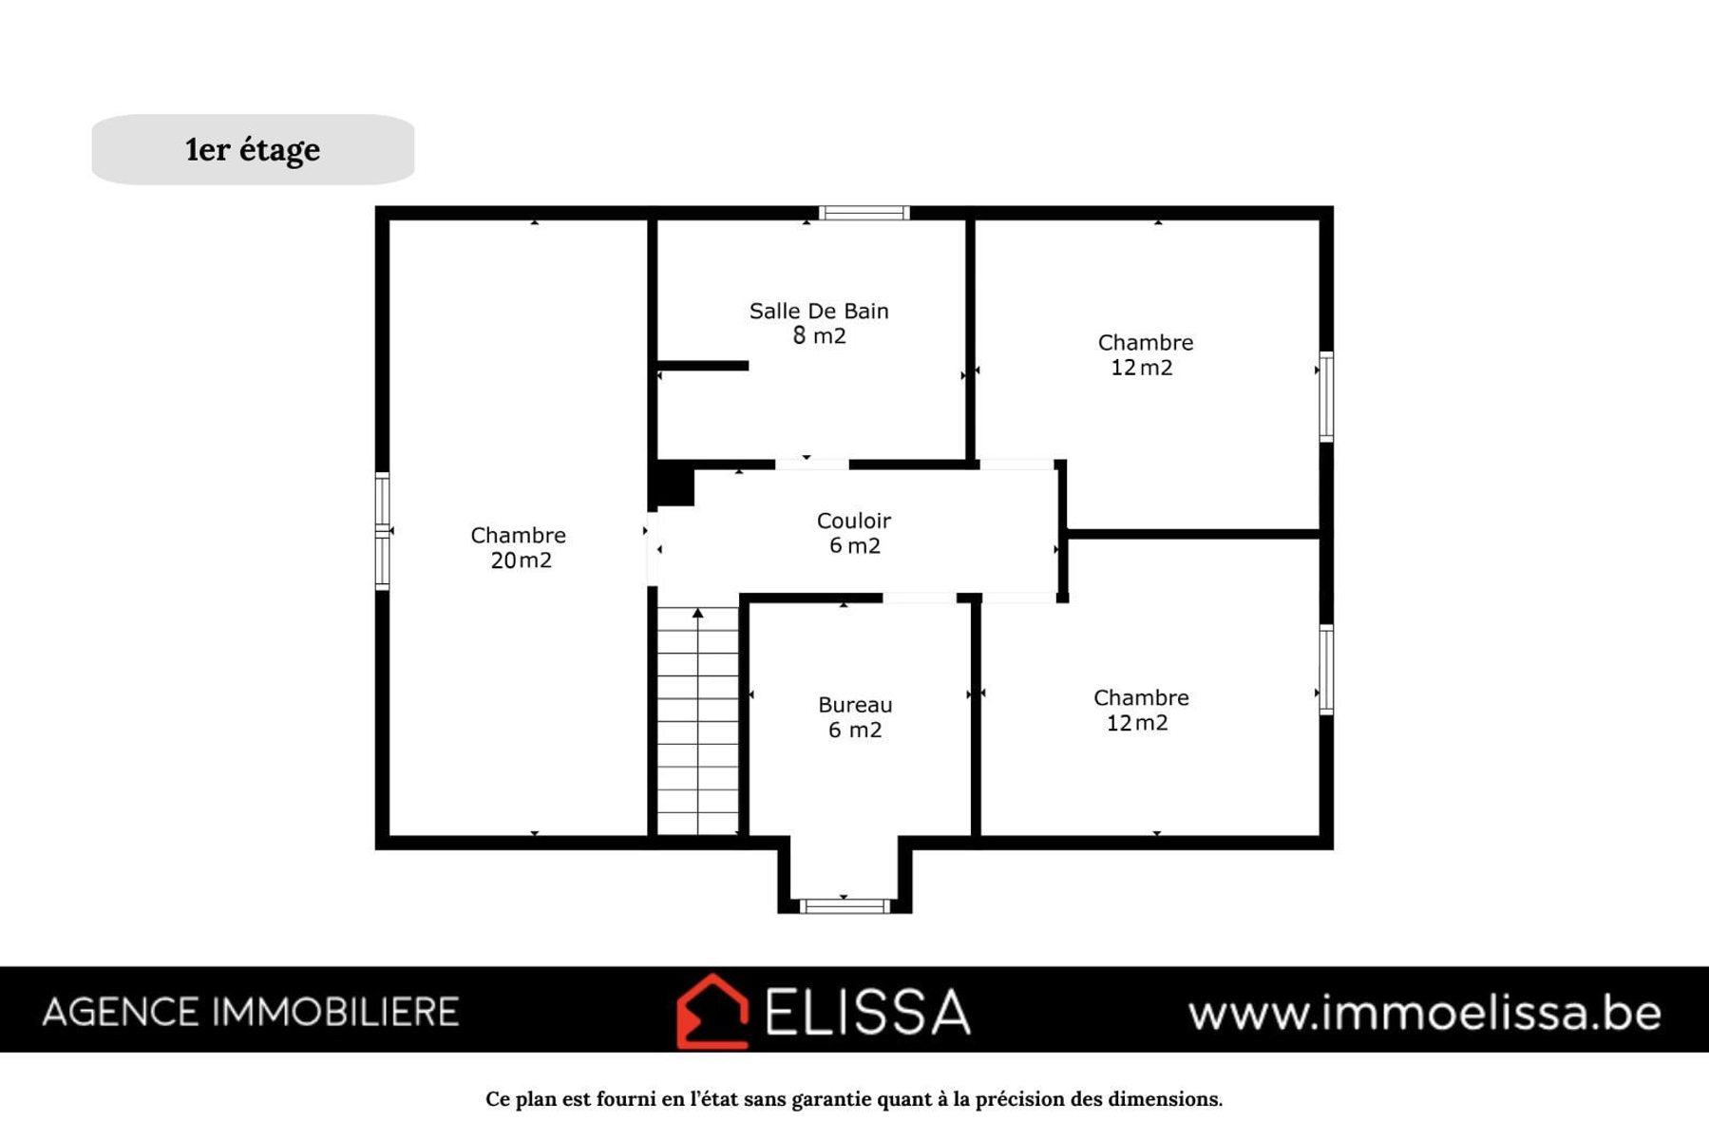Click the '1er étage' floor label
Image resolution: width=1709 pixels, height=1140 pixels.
click(253, 150)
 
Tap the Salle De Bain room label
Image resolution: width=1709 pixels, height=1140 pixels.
click(819, 323)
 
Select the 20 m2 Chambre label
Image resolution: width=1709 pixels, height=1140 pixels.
click(519, 548)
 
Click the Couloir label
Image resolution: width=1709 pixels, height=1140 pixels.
click(854, 533)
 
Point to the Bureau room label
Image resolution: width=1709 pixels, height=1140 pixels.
click(855, 717)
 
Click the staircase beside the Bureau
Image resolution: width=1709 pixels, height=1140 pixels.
click(698, 721)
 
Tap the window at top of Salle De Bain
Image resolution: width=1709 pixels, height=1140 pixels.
click(864, 213)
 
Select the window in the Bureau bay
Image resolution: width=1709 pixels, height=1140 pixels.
click(845, 906)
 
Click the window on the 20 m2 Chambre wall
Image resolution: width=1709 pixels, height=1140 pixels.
click(382, 531)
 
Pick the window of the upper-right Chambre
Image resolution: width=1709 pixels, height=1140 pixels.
click(1326, 396)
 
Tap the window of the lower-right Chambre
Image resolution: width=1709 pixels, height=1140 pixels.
click(1326, 670)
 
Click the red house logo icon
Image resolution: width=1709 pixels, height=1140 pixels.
click(712, 1011)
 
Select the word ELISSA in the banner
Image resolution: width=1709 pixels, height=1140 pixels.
click(867, 1011)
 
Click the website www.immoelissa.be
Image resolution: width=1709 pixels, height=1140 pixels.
click(1425, 1013)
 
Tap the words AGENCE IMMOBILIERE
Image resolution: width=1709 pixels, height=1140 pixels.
click(251, 1012)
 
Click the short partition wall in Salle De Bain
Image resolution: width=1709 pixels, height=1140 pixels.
click(703, 366)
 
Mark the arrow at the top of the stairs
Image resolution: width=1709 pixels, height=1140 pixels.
click(698, 613)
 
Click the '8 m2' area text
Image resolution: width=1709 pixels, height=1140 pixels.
click(819, 335)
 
